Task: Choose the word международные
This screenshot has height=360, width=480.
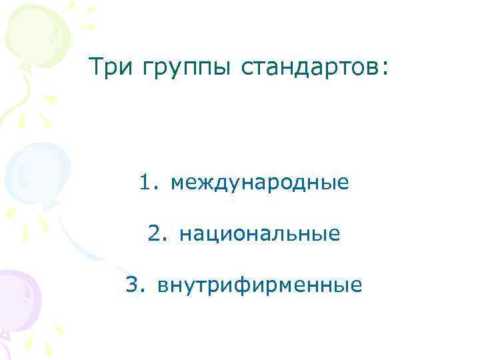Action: pyautogui.click(x=259, y=182)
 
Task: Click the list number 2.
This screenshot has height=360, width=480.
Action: pyautogui.click(x=154, y=233)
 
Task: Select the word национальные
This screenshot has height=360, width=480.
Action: pyautogui.click(x=260, y=234)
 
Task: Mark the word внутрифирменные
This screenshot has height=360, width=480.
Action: pyautogui.click(x=260, y=286)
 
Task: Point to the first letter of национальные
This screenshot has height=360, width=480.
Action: pyautogui.click(x=185, y=234)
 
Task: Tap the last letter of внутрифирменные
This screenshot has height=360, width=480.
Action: pyautogui.click(x=357, y=286)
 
